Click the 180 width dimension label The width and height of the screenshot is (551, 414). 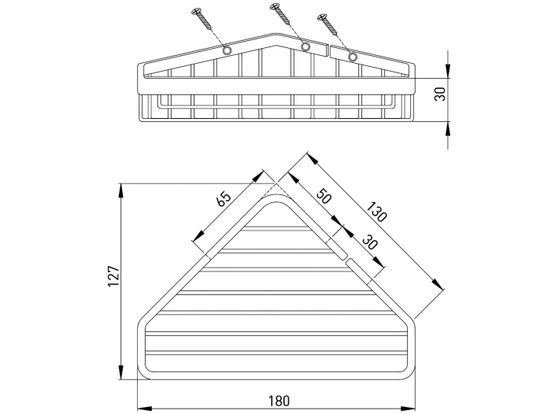tap(279, 401)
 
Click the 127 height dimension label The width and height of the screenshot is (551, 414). tap(114, 276)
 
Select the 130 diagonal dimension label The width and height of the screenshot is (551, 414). tap(376, 212)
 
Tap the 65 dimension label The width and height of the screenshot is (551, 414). tap(224, 199)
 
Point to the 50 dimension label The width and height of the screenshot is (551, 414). tap(324, 196)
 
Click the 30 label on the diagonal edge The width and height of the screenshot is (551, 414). tap(369, 242)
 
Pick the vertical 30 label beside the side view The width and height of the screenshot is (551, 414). tap(440, 94)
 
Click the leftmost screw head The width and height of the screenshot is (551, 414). tap(195, 12)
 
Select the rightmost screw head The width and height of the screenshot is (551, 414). tap(321, 16)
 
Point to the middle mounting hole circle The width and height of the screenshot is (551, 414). tap(305, 46)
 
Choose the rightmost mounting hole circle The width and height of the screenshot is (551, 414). tap(352, 57)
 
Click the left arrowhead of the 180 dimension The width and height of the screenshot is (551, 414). tap(144, 408)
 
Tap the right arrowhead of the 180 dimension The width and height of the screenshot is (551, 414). tap(409, 408)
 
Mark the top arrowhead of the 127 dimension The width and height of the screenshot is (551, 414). tap(121, 190)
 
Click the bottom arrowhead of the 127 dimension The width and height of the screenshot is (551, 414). tap(121, 372)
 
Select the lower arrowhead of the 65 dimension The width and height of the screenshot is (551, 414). tap(198, 235)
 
